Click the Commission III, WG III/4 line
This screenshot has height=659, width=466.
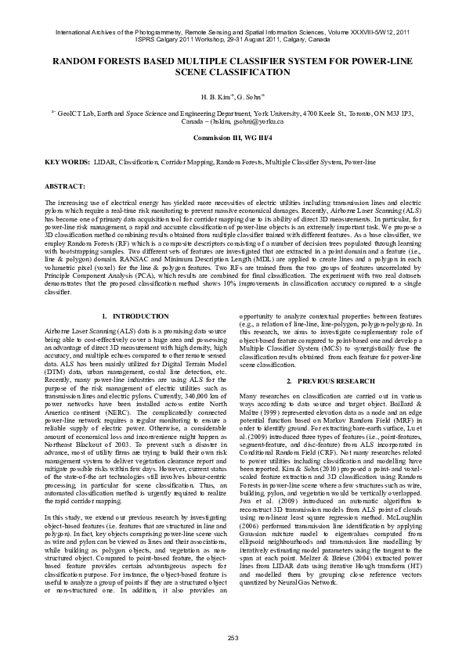[233, 137]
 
